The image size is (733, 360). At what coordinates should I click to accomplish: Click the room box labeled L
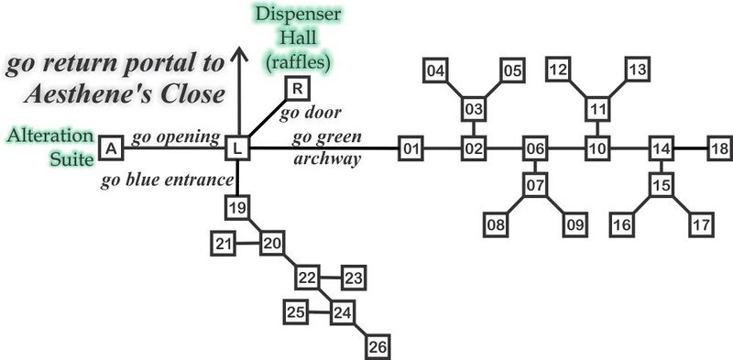click(237, 147)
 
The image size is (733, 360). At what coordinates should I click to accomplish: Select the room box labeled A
click(111, 147)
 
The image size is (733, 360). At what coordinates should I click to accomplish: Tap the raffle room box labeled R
click(297, 88)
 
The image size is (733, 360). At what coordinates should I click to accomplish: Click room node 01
click(411, 147)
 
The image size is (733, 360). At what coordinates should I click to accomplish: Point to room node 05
click(511, 70)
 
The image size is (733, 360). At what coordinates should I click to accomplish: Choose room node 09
click(574, 223)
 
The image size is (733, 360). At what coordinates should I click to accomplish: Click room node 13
click(638, 70)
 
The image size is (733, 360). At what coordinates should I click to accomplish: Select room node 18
click(720, 147)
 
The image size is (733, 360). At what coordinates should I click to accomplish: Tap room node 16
click(623, 223)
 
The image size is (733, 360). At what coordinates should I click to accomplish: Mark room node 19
click(237, 208)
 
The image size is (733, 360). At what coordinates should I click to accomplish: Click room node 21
click(223, 244)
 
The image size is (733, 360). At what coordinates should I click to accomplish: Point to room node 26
click(377, 346)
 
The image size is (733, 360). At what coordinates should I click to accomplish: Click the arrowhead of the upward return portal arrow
click(238, 56)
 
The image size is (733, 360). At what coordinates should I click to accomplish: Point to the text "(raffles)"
click(299, 62)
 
